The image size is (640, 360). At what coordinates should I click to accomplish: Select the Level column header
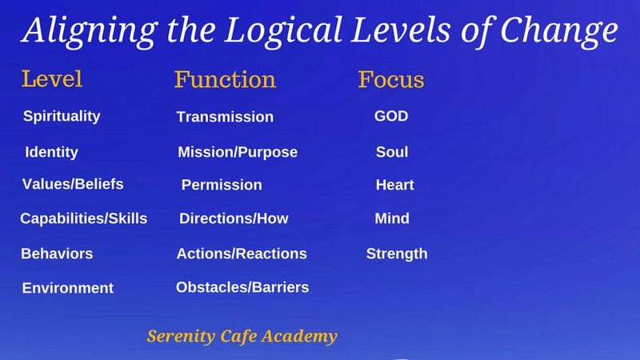(x=52, y=78)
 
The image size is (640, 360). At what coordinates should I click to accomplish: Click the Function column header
(x=226, y=79)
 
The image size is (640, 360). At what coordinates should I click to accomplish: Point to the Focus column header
(x=391, y=79)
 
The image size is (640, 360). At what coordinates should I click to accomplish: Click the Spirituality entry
(x=62, y=116)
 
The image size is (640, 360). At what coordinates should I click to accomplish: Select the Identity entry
(x=51, y=152)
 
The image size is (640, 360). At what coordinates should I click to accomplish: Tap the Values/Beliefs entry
(x=73, y=184)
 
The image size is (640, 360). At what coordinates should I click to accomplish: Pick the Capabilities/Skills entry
(x=84, y=218)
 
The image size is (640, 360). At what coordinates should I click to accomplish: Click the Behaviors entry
(x=57, y=254)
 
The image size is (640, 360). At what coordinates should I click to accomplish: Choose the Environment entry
(x=68, y=288)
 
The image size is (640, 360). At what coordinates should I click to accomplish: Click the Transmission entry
(x=225, y=117)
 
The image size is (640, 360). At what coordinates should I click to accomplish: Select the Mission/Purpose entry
(x=238, y=152)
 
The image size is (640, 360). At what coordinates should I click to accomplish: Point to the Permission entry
(x=222, y=185)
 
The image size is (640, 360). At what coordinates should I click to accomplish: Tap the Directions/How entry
(x=234, y=218)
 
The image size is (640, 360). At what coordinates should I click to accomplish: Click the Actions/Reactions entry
(x=242, y=254)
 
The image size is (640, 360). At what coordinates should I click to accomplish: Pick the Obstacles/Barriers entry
(x=242, y=287)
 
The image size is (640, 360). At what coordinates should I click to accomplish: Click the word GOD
(x=391, y=116)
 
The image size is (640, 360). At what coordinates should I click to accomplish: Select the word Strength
(x=397, y=254)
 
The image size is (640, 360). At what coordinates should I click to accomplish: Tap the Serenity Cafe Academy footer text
(x=242, y=336)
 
